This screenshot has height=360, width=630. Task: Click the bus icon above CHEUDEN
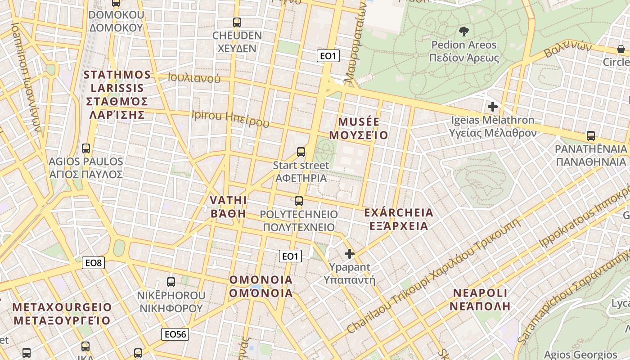237,22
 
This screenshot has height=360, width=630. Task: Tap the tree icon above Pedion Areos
463,31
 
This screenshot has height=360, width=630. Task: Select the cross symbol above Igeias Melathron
493,107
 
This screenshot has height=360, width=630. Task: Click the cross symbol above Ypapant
350,254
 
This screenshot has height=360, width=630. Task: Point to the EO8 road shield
93,263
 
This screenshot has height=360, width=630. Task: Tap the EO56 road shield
175,334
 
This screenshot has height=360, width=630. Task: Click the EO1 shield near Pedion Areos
328,56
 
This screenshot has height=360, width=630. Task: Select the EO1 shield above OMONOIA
290,256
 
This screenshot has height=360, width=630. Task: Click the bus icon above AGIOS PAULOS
85,148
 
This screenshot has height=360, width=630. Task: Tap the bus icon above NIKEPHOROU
171,282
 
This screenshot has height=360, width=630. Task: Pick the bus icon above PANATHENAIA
591,135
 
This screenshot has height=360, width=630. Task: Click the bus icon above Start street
301,152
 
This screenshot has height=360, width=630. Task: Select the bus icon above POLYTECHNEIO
299,201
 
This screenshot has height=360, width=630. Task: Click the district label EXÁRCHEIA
398,219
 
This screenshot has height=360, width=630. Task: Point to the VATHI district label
228,207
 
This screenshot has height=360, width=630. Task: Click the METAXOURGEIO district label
62,314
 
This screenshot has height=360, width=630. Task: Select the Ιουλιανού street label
194,78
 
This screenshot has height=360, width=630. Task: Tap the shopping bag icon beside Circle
621,49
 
